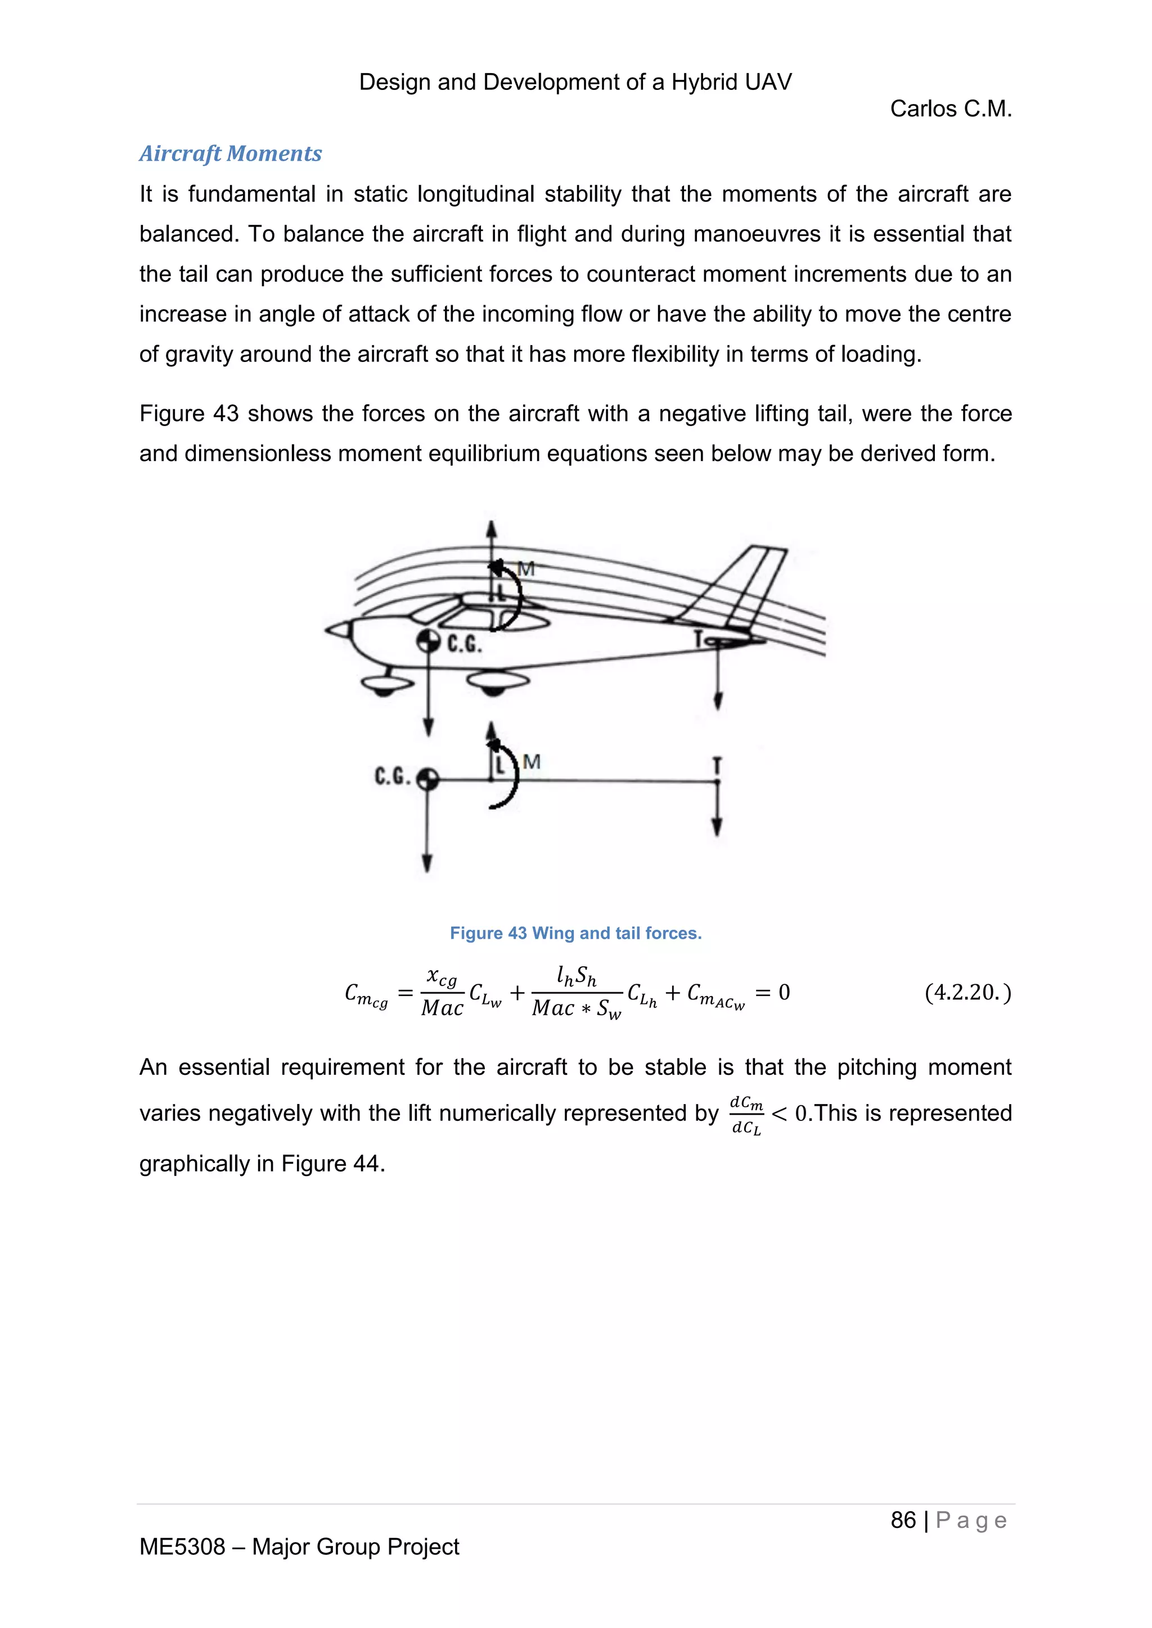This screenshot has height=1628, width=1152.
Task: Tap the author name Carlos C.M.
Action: point(950,108)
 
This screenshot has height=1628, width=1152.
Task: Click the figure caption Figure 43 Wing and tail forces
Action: point(575,933)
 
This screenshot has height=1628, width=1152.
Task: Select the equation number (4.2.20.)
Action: point(967,992)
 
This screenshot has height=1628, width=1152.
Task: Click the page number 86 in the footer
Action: point(903,1520)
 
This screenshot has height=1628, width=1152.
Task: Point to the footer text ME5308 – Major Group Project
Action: point(299,1546)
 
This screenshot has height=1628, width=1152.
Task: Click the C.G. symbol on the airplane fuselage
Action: point(427,641)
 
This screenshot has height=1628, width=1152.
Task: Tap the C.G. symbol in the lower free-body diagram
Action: point(427,780)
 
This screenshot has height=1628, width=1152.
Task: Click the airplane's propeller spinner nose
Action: point(339,629)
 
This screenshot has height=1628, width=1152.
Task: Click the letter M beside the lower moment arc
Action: point(532,762)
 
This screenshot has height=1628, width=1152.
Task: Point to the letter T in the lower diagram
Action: point(717,765)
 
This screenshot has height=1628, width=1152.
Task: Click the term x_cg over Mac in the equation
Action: point(442,993)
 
